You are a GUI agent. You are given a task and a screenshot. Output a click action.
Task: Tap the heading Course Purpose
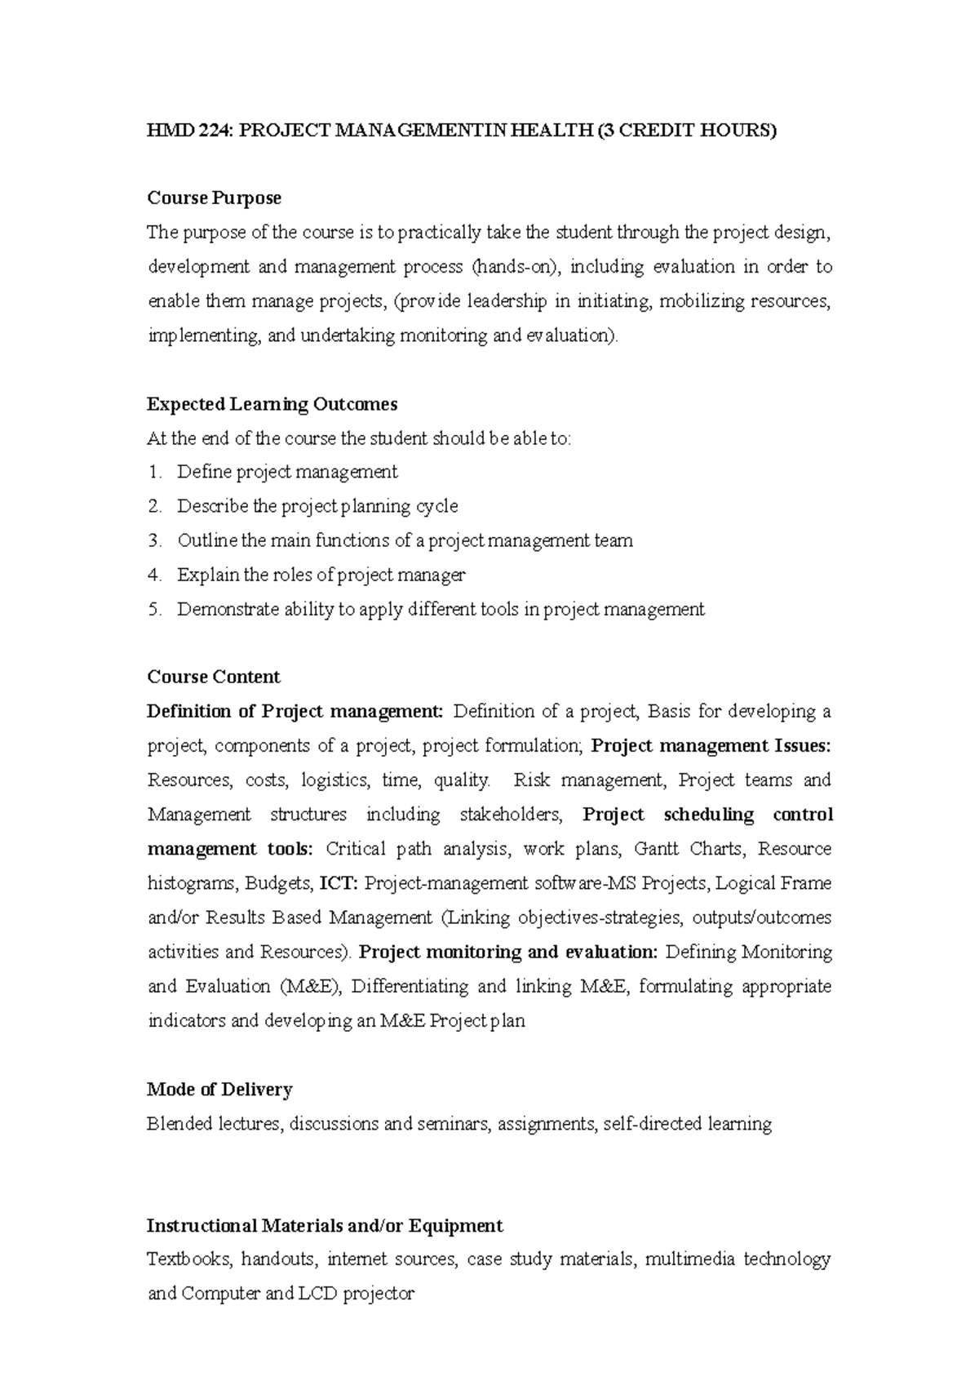coord(214,198)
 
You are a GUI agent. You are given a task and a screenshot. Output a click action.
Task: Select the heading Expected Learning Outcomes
coord(272,404)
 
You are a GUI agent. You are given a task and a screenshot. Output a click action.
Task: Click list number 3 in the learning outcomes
coord(155,540)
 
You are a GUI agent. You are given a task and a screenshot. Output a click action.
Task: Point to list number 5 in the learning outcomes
coord(155,609)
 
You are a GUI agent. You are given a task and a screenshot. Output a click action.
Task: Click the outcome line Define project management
coord(287,472)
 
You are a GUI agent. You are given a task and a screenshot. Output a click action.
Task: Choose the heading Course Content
coord(213,677)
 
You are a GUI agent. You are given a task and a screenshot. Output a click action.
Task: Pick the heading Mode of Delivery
coord(219,1090)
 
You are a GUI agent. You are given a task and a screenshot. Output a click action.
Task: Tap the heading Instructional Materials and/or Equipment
coord(325,1226)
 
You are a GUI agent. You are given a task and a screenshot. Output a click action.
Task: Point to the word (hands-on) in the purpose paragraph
coord(513,267)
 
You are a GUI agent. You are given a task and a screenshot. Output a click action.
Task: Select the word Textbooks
coord(188,1259)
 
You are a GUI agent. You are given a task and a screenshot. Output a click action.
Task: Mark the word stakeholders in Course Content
coord(511,815)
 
